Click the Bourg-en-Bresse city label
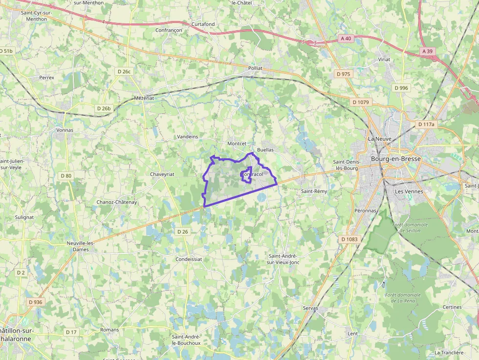(x=395, y=159)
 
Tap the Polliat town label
(x=255, y=68)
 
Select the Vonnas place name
(x=65, y=130)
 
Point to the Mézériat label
(x=144, y=98)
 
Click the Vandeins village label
(x=188, y=137)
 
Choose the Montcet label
(x=237, y=144)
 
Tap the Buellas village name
(x=265, y=149)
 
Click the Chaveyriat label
(x=162, y=174)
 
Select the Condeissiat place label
(x=189, y=259)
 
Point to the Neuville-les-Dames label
(x=80, y=246)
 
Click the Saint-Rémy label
(x=314, y=191)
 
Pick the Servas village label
(x=310, y=308)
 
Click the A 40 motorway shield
(x=346, y=38)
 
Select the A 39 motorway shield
(x=427, y=51)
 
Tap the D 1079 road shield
(x=362, y=102)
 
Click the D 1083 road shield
(x=349, y=239)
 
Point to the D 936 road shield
(x=36, y=302)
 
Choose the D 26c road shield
(x=124, y=71)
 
